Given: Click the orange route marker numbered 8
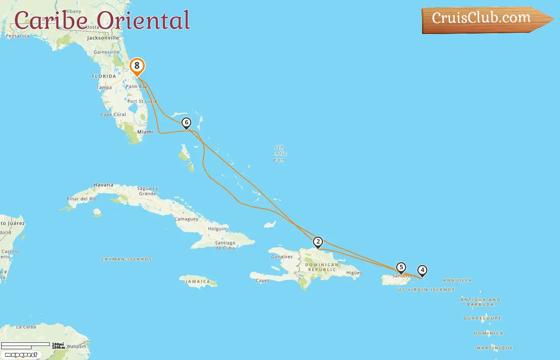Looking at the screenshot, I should point(137,66).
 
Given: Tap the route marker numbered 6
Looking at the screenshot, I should point(186,123).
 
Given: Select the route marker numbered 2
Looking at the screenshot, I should point(318,242).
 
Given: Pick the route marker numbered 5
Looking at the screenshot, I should point(401,268).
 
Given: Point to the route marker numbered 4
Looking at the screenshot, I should point(422,270).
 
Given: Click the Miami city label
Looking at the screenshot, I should point(145,132).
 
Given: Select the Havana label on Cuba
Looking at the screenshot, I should point(103,185).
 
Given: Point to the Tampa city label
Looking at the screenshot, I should point(104,88).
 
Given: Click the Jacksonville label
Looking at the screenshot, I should point(103,38).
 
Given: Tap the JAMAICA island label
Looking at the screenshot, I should point(198,282).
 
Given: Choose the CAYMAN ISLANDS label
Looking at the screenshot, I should point(126,259).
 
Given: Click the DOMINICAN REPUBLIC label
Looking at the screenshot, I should point(322,267).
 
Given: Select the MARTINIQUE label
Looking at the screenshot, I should point(494,348).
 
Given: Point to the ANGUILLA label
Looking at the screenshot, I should point(457,280).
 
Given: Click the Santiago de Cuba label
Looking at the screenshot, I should point(225,245).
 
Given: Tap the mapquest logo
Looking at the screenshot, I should point(21,355).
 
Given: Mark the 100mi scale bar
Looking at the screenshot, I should point(25,344).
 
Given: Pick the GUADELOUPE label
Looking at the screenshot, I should point(482,318).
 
